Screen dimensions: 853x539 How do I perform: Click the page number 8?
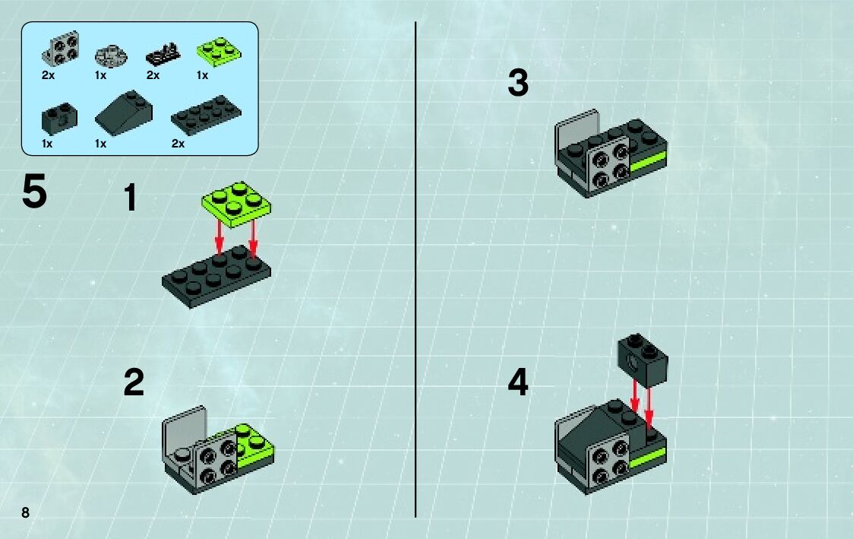click(x=26, y=512)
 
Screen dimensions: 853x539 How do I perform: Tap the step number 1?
click(x=131, y=197)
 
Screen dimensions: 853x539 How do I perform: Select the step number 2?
click(x=134, y=382)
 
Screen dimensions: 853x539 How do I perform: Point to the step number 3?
click(x=518, y=83)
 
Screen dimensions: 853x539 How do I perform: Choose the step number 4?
click(x=518, y=382)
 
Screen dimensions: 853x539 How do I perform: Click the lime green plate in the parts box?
click(x=219, y=52)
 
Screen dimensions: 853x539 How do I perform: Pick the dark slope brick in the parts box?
click(x=124, y=112)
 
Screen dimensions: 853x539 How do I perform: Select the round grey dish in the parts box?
click(x=111, y=55)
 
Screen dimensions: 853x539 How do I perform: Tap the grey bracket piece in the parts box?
click(x=61, y=48)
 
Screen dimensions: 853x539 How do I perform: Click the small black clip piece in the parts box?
click(x=163, y=55)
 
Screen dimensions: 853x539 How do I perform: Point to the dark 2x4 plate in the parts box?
click(x=206, y=114)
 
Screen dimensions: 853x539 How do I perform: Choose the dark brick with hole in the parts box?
click(x=59, y=119)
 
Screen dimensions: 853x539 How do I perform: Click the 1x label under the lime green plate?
click(x=202, y=76)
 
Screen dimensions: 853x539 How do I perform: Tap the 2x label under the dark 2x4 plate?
click(x=178, y=144)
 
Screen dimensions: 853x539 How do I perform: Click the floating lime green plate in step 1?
click(x=236, y=205)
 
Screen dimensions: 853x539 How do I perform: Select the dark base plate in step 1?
click(x=216, y=277)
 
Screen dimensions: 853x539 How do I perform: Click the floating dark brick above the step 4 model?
click(x=643, y=360)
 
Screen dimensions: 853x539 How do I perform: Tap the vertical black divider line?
click(x=415, y=269)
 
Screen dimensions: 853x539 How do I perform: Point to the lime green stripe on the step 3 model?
click(x=648, y=162)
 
